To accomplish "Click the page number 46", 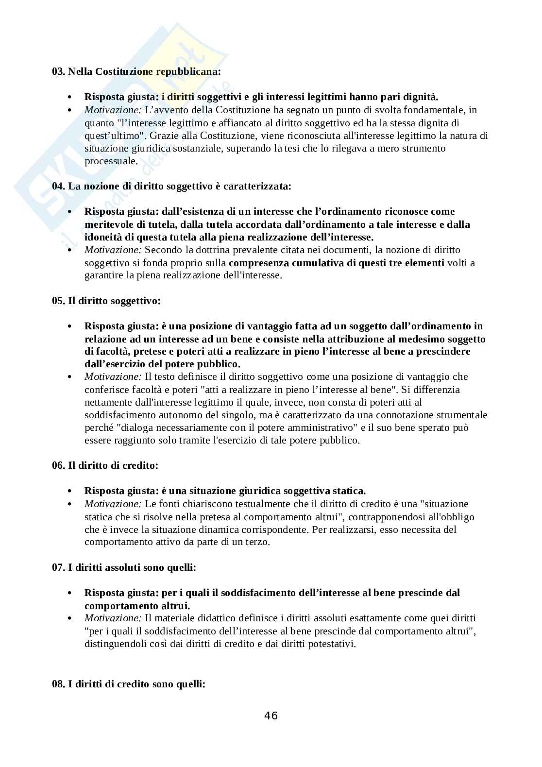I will [x=271, y=715].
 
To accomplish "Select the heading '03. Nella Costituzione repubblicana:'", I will [x=136, y=71].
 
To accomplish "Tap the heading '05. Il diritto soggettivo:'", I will [x=106, y=301].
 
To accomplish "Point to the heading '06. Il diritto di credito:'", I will [x=105, y=465].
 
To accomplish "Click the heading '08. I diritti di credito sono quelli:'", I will [x=129, y=684].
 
